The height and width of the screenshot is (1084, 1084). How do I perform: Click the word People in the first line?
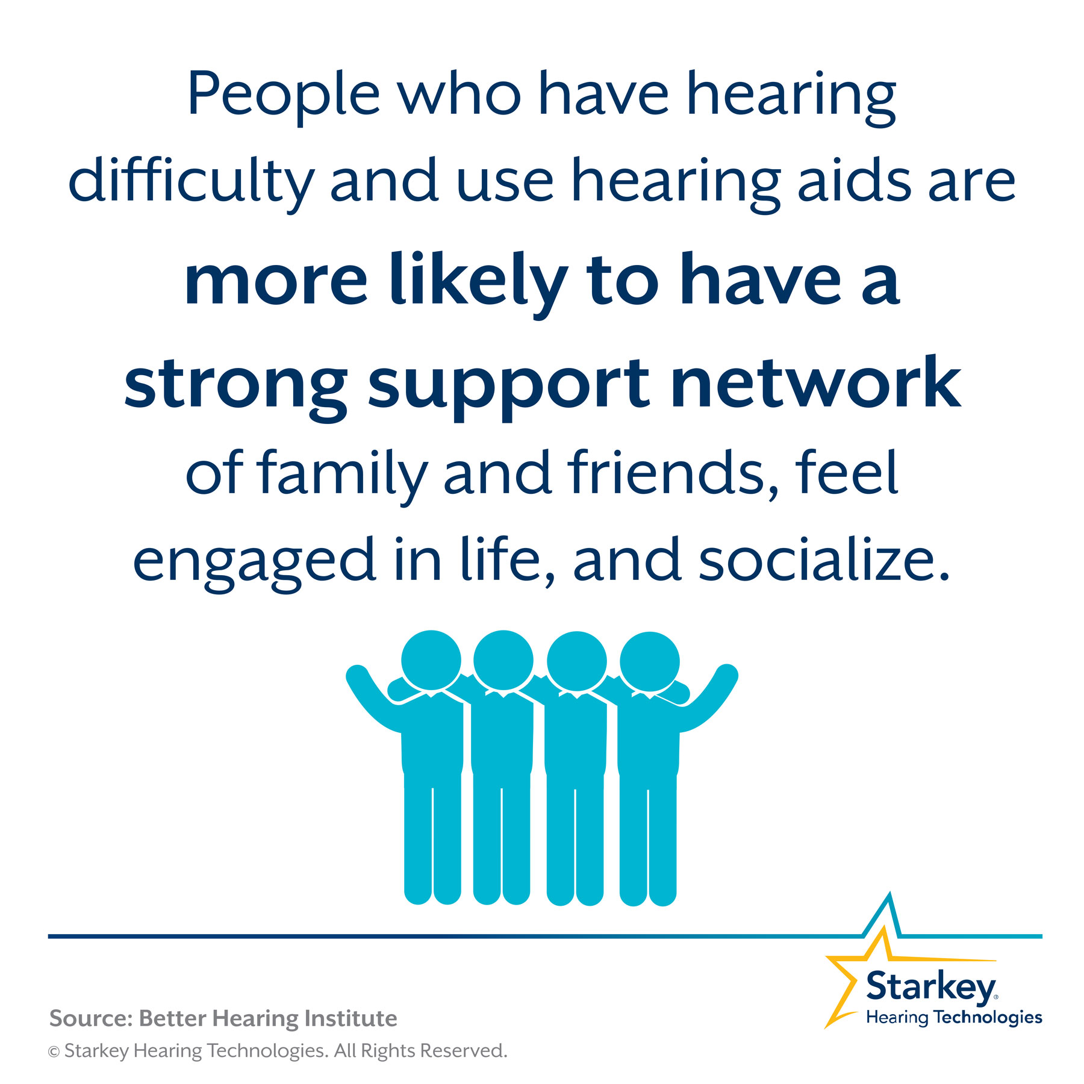[x=284, y=97]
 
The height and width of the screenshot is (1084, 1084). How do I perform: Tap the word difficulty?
[x=192, y=181]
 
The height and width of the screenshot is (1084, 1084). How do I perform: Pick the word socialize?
[x=824, y=558]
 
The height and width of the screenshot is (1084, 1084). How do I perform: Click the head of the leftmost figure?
[x=431, y=661]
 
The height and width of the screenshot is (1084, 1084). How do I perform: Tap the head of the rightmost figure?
[x=650, y=661]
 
